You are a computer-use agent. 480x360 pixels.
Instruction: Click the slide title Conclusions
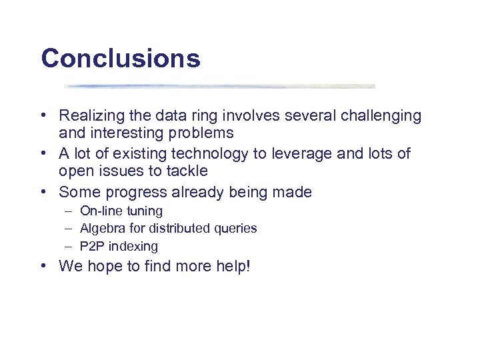[120, 59]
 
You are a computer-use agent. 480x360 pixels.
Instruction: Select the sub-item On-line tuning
[121, 211]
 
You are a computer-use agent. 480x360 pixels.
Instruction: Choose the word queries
[236, 229]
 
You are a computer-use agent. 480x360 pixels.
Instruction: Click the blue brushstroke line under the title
[220, 86]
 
